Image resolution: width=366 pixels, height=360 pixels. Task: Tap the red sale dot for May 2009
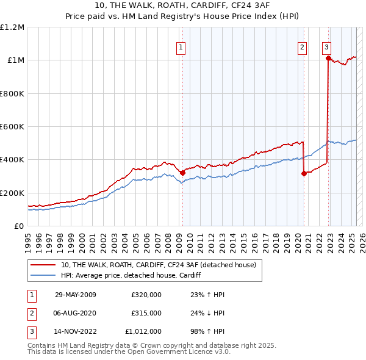(182, 173)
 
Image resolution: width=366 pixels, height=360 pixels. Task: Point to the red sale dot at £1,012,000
(328, 59)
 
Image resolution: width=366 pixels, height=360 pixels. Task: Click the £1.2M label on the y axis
(12, 27)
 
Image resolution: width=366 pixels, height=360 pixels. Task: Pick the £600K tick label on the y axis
(12, 127)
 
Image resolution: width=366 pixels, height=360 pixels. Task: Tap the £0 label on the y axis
(18, 226)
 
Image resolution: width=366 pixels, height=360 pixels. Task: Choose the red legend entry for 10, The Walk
(162, 265)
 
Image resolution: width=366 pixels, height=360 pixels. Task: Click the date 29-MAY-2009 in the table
(75, 295)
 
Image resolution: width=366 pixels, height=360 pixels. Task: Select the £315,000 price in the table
(146, 313)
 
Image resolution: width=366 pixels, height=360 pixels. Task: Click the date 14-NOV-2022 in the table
(75, 332)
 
